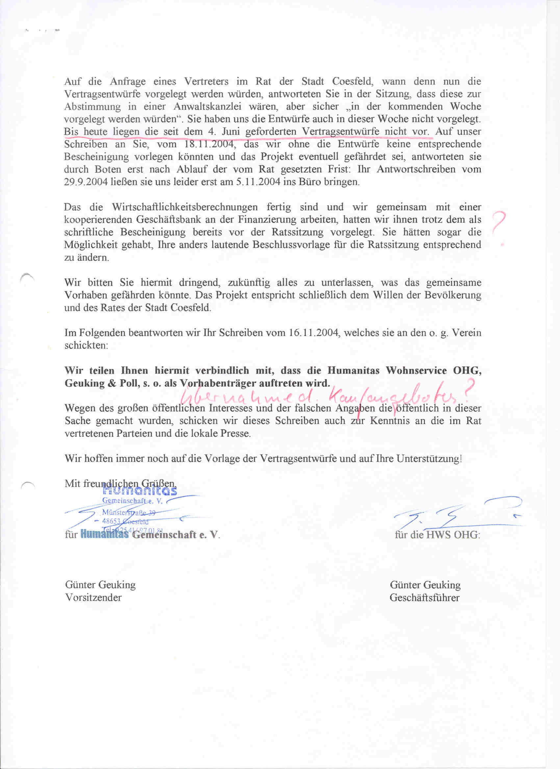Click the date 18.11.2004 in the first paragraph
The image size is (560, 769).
coord(209,144)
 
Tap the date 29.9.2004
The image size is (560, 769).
coord(86,182)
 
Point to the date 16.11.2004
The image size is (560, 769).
coord(315,333)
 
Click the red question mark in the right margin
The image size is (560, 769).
coord(498,224)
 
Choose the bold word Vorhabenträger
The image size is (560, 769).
coord(218,384)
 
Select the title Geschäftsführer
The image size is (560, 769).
coord(424,597)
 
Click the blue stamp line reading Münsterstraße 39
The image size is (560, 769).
coord(129,512)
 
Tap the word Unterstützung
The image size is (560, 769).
coord(429,459)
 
